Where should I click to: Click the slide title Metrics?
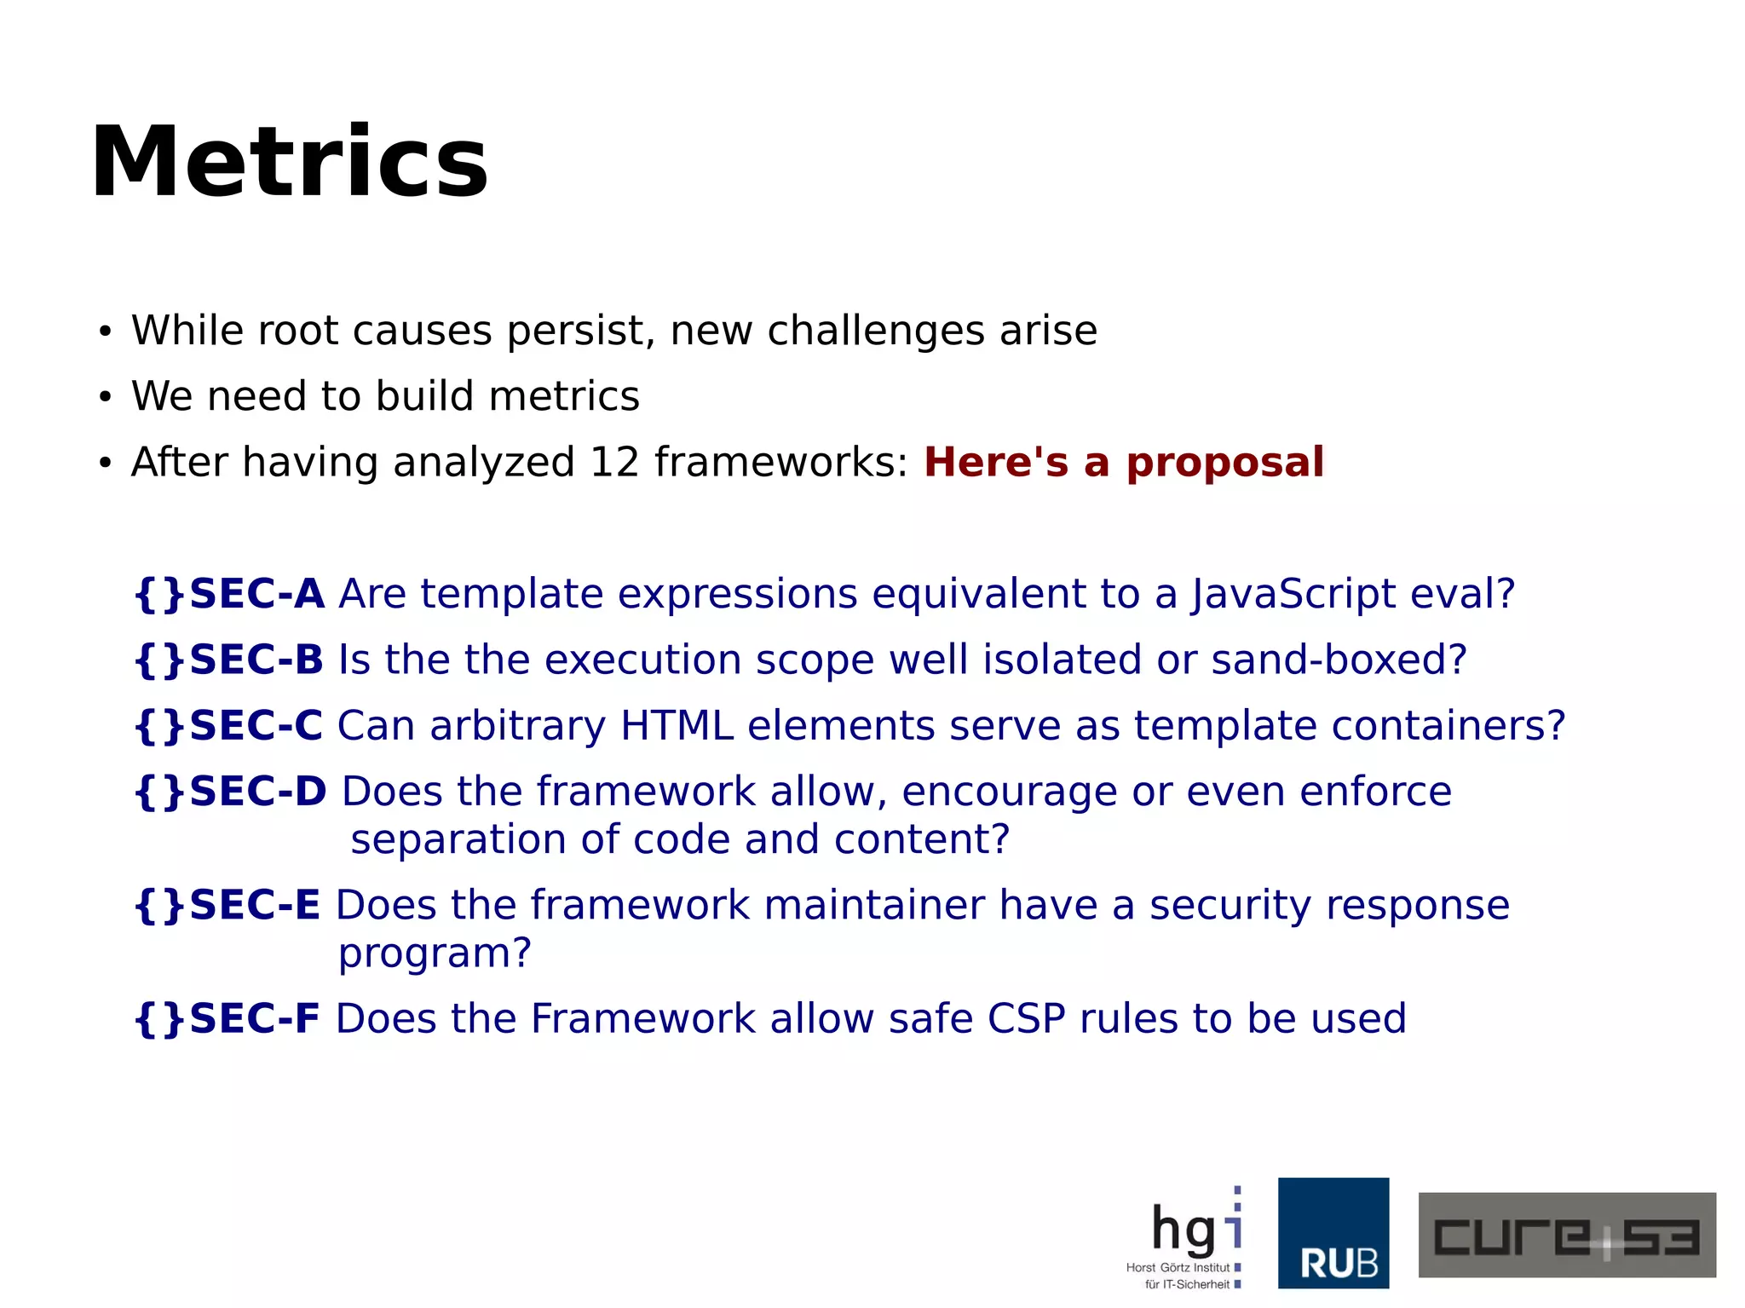290,162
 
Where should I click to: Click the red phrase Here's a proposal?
1123,463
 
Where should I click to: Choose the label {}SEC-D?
231,792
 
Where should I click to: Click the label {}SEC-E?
228,905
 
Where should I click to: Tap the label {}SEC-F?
227,1018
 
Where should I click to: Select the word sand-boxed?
1339,660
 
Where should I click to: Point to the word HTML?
677,725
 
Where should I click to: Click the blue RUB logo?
1333,1233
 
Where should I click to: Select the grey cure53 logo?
1566,1235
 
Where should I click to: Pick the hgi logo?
1189,1236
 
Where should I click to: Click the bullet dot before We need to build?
105,397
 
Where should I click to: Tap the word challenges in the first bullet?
876,331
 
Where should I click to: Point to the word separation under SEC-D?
458,840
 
